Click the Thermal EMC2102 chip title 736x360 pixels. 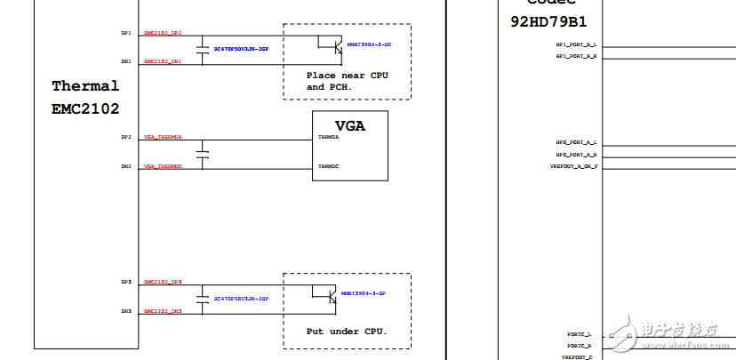(85, 97)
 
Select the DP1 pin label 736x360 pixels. (126, 33)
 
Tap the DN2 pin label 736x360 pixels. (126, 166)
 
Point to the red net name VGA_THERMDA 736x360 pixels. (163, 138)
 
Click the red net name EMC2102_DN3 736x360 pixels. (163, 311)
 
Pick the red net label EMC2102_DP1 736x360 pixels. (163, 33)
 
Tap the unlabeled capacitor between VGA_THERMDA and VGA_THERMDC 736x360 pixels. (204, 153)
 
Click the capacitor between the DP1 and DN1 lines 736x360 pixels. (204, 47)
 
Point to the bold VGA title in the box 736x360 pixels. (349, 125)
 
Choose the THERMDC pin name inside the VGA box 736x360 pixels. (328, 166)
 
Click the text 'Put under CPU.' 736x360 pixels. (347, 331)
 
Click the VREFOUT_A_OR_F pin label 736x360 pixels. (574, 166)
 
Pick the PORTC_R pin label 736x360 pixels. (580, 345)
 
